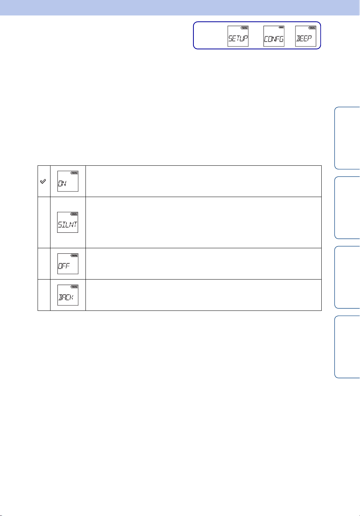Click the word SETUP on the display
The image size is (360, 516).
(x=238, y=38)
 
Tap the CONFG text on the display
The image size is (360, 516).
(x=274, y=39)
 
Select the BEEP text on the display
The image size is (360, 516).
(x=304, y=38)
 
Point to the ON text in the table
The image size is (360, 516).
(x=62, y=183)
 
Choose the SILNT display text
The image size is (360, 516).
(x=67, y=224)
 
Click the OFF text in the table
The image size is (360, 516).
(x=64, y=266)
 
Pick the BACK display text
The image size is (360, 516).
(x=66, y=297)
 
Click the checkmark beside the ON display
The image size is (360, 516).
(x=43, y=181)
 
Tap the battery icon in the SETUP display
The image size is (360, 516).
(x=245, y=28)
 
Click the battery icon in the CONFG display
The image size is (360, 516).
(x=281, y=27)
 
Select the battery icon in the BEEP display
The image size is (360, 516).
(x=312, y=28)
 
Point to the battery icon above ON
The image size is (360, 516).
(x=74, y=172)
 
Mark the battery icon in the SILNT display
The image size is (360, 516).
(x=74, y=214)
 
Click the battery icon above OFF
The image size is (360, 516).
(x=74, y=255)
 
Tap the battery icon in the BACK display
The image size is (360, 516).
(x=74, y=287)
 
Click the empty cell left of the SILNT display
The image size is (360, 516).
(x=44, y=222)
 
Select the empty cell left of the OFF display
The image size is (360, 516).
(x=44, y=264)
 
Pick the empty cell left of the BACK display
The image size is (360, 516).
(x=44, y=295)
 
